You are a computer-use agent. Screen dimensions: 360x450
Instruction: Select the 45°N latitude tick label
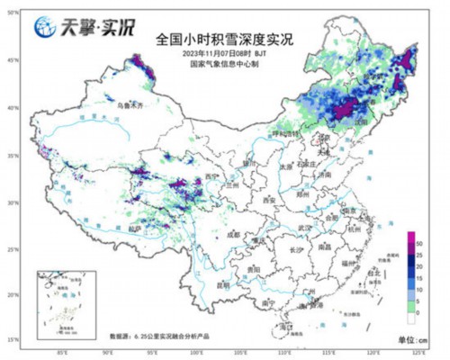(13, 59)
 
